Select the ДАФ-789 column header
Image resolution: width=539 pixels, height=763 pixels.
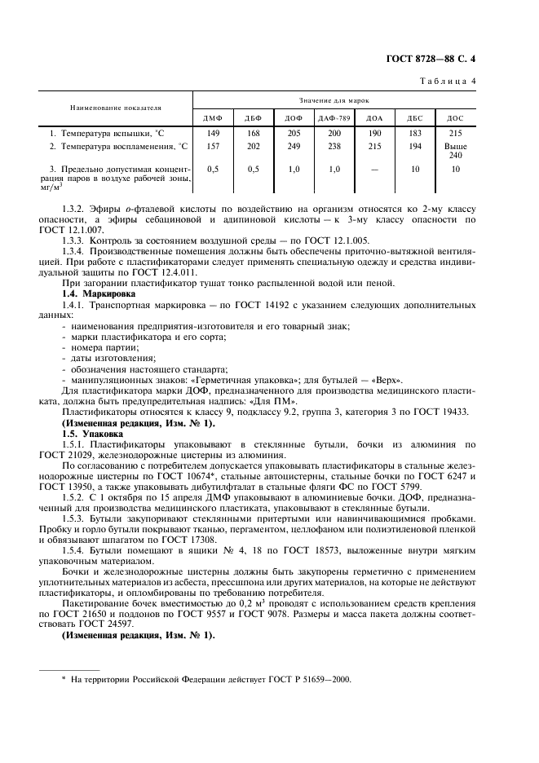334,119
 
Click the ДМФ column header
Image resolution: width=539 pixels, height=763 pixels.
213,119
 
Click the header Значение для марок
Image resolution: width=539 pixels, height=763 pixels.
334,99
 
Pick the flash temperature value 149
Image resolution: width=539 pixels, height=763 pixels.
213,133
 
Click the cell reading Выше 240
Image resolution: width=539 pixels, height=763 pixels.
455,151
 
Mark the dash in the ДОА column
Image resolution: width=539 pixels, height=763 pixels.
374,170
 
